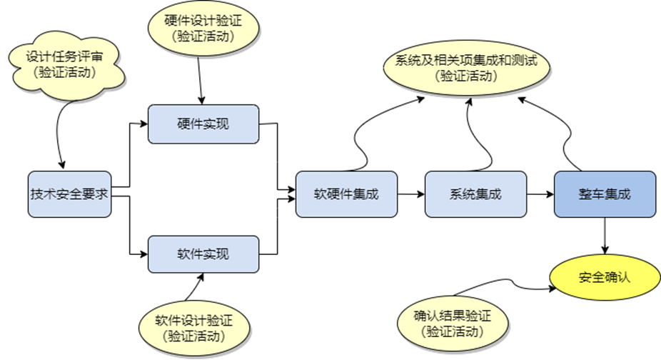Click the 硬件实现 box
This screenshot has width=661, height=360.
click(203, 124)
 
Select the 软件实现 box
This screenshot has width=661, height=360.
click(203, 254)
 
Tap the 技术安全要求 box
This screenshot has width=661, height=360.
click(70, 194)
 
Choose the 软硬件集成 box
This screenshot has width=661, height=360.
click(346, 194)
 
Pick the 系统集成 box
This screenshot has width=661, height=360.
click(475, 194)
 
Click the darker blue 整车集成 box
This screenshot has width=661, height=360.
click(605, 194)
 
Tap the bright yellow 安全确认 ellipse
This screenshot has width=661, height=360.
click(605, 277)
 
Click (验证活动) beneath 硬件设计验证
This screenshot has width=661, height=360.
click(203, 36)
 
